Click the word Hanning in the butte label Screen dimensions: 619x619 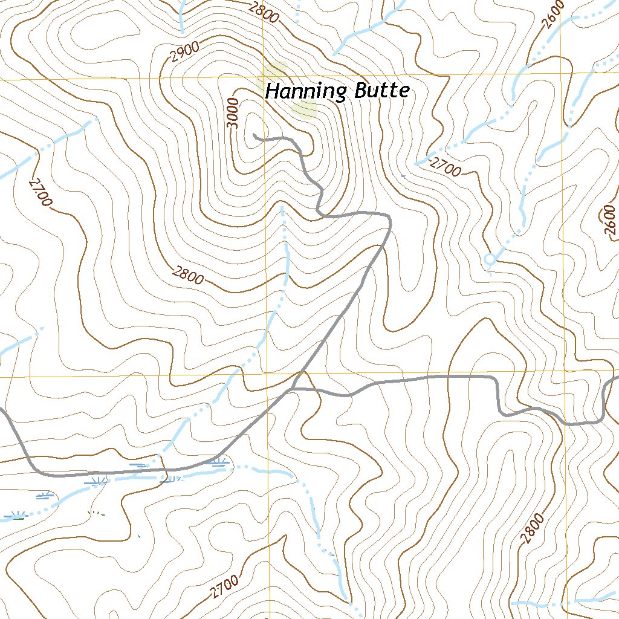tap(306, 92)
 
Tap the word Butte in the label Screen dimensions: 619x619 tap(381, 91)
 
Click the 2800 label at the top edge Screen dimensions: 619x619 tap(264, 12)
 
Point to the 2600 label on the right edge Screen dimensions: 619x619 tap(609, 221)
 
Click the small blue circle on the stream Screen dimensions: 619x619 tap(490, 259)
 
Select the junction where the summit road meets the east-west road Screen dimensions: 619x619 tap(296, 389)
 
